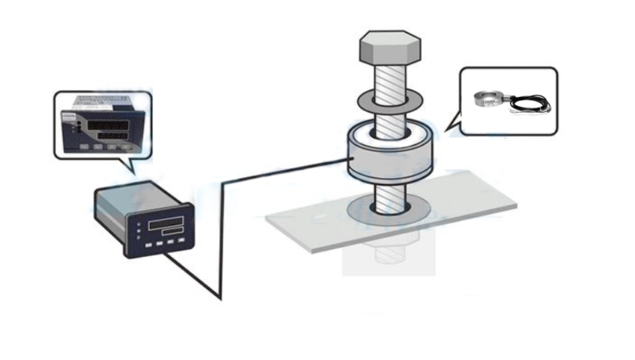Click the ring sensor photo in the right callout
(488, 99)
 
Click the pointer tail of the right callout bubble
(453, 123)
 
